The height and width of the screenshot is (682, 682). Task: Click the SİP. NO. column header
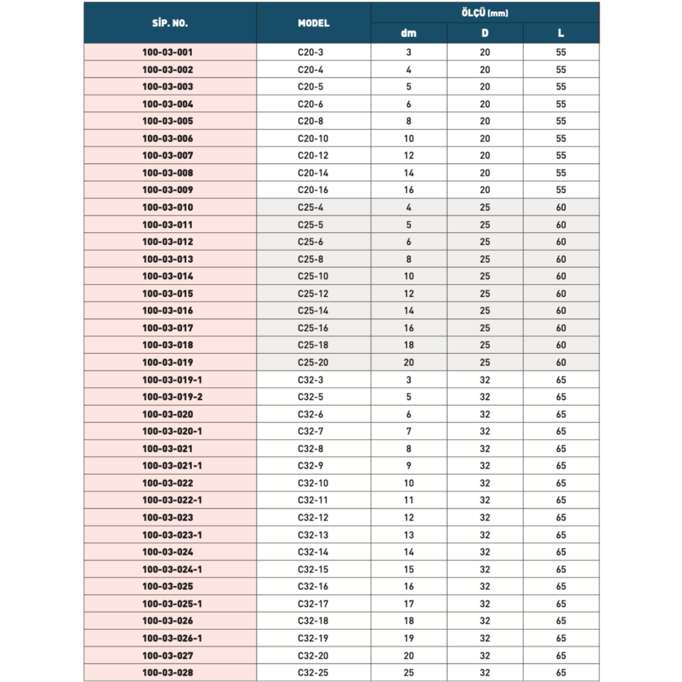pyautogui.click(x=170, y=23)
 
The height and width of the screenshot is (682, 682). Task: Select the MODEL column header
pyautogui.click(x=313, y=23)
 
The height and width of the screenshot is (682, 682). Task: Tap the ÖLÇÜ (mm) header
pyautogui.click(x=485, y=13)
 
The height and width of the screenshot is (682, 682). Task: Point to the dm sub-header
pyautogui.click(x=408, y=33)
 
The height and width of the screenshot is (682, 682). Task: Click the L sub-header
pyautogui.click(x=561, y=33)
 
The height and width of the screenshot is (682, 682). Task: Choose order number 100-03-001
pyautogui.click(x=168, y=52)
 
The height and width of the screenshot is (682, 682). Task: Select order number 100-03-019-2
pyautogui.click(x=173, y=396)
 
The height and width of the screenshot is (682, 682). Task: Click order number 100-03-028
pyautogui.click(x=168, y=672)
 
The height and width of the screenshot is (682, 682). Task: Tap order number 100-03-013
pyautogui.click(x=168, y=259)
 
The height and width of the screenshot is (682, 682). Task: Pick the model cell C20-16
pyautogui.click(x=313, y=190)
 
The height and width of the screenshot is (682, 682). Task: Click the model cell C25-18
pyautogui.click(x=313, y=345)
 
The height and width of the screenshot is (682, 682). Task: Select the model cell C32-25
pyautogui.click(x=313, y=672)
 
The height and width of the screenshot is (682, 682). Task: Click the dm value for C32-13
pyautogui.click(x=408, y=534)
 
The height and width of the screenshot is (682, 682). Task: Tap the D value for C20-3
pyautogui.click(x=485, y=52)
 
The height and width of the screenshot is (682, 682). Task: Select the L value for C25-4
pyautogui.click(x=561, y=207)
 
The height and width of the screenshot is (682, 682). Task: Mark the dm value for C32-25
pyautogui.click(x=408, y=672)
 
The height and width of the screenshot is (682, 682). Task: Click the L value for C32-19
pyautogui.click(x=561, y=638)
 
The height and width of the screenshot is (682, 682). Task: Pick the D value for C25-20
pyautogui.click(x=485, y=362)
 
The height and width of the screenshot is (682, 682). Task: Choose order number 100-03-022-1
pyautogui.click(x=173, y=500)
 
